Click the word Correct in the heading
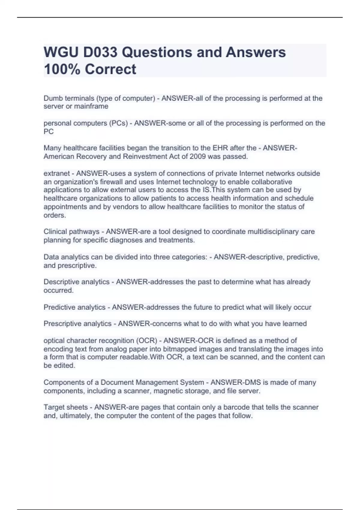[110, 69]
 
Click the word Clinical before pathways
[55, 232]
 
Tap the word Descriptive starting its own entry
[61, 282]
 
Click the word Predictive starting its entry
[59, 307]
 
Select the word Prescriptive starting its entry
[62, 324]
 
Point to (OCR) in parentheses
[147, 341]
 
